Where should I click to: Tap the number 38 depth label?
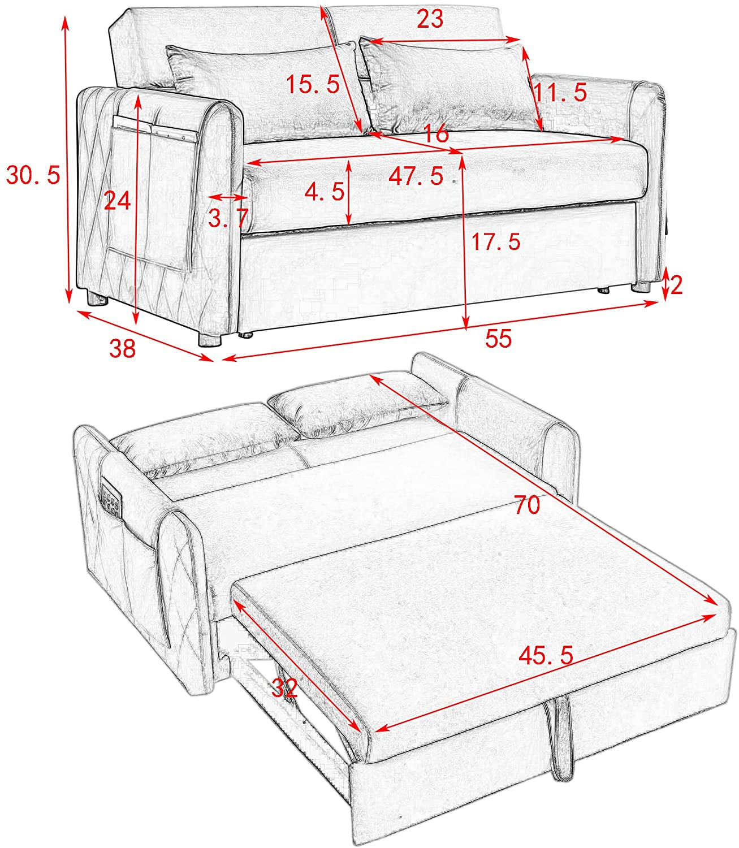pyautogui.click(x=123, y=348)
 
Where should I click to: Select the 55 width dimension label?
pyautogui.click(x=498, y=339)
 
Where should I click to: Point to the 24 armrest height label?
pyautogui.click(x=117, y=201)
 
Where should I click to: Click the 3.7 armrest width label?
pyautogui.click(x=228, y=218)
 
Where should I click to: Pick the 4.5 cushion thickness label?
pyautogui.click(x=324, y=192)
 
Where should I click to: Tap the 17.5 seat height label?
pyautogui.click(x=496, y=242)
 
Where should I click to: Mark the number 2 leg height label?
pyautogui.click(x=676, y=285)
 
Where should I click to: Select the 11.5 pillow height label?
pyautogui.click(x=561, y=92)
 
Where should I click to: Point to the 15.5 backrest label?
pyautogui.click(x=313, y=85)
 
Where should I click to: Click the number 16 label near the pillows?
pyautogui.click(x=436, y=134)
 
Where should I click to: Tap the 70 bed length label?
pyautogui.click(x=527, y=504)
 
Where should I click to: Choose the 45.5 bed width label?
pyautogui.click(x=546, y=655)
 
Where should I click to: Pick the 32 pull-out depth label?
pyautogui.click(x=284, y=688)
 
